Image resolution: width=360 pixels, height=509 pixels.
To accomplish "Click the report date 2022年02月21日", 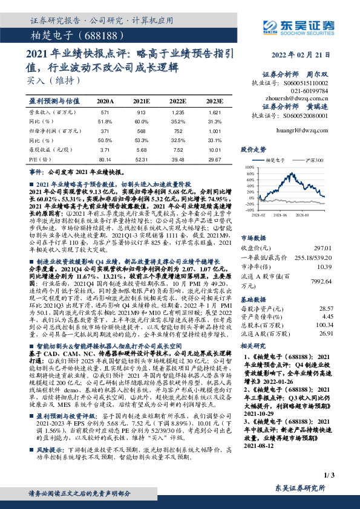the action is (x=308, y=55).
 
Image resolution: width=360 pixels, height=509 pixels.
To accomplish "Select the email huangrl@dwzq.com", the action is (x=309, y=129).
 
